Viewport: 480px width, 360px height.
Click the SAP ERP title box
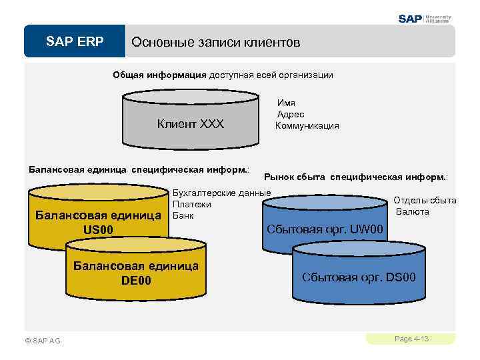[75, 42]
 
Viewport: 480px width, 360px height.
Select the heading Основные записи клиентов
[215, 42]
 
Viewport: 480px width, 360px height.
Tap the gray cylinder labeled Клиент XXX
[191, 124]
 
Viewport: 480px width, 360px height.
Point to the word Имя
[286, 103]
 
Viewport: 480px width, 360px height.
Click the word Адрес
[291, 114]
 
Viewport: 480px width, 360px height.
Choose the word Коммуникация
[307, 125]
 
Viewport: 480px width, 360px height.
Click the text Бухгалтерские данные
[221, 193]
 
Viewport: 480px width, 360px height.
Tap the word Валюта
[413, 211]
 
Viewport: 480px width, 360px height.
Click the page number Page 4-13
[411, 339]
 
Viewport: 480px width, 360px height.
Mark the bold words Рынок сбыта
[295, 177]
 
